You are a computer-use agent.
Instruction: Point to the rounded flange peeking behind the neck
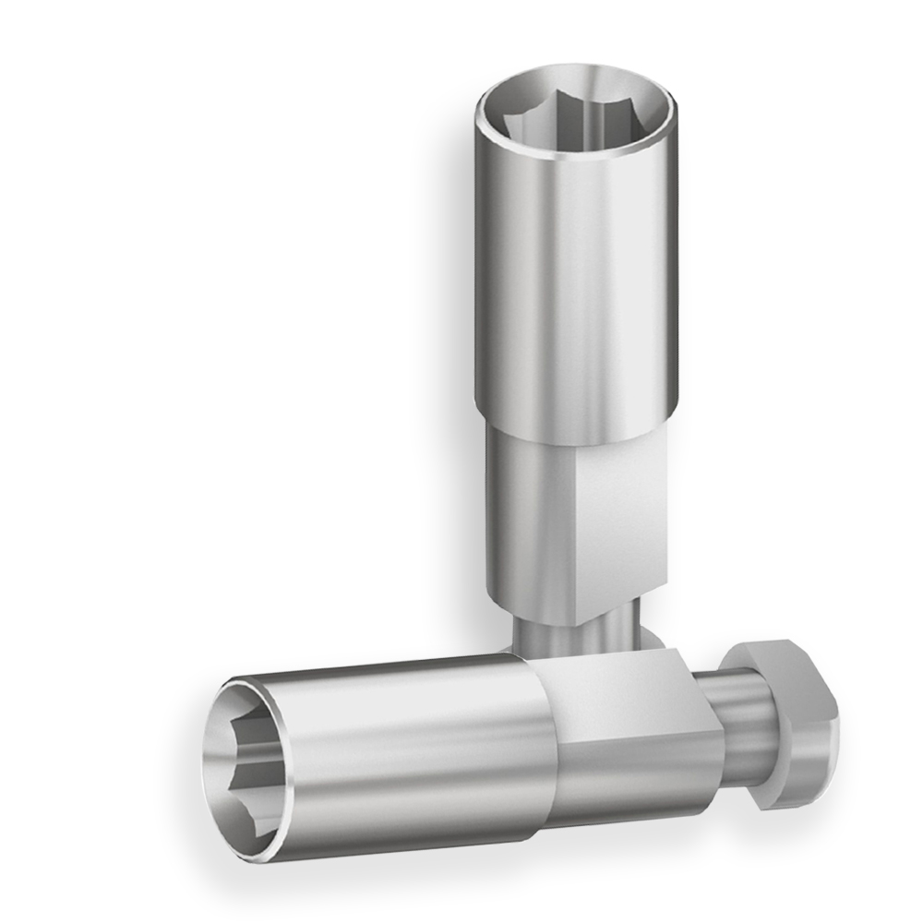click(652, 637)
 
